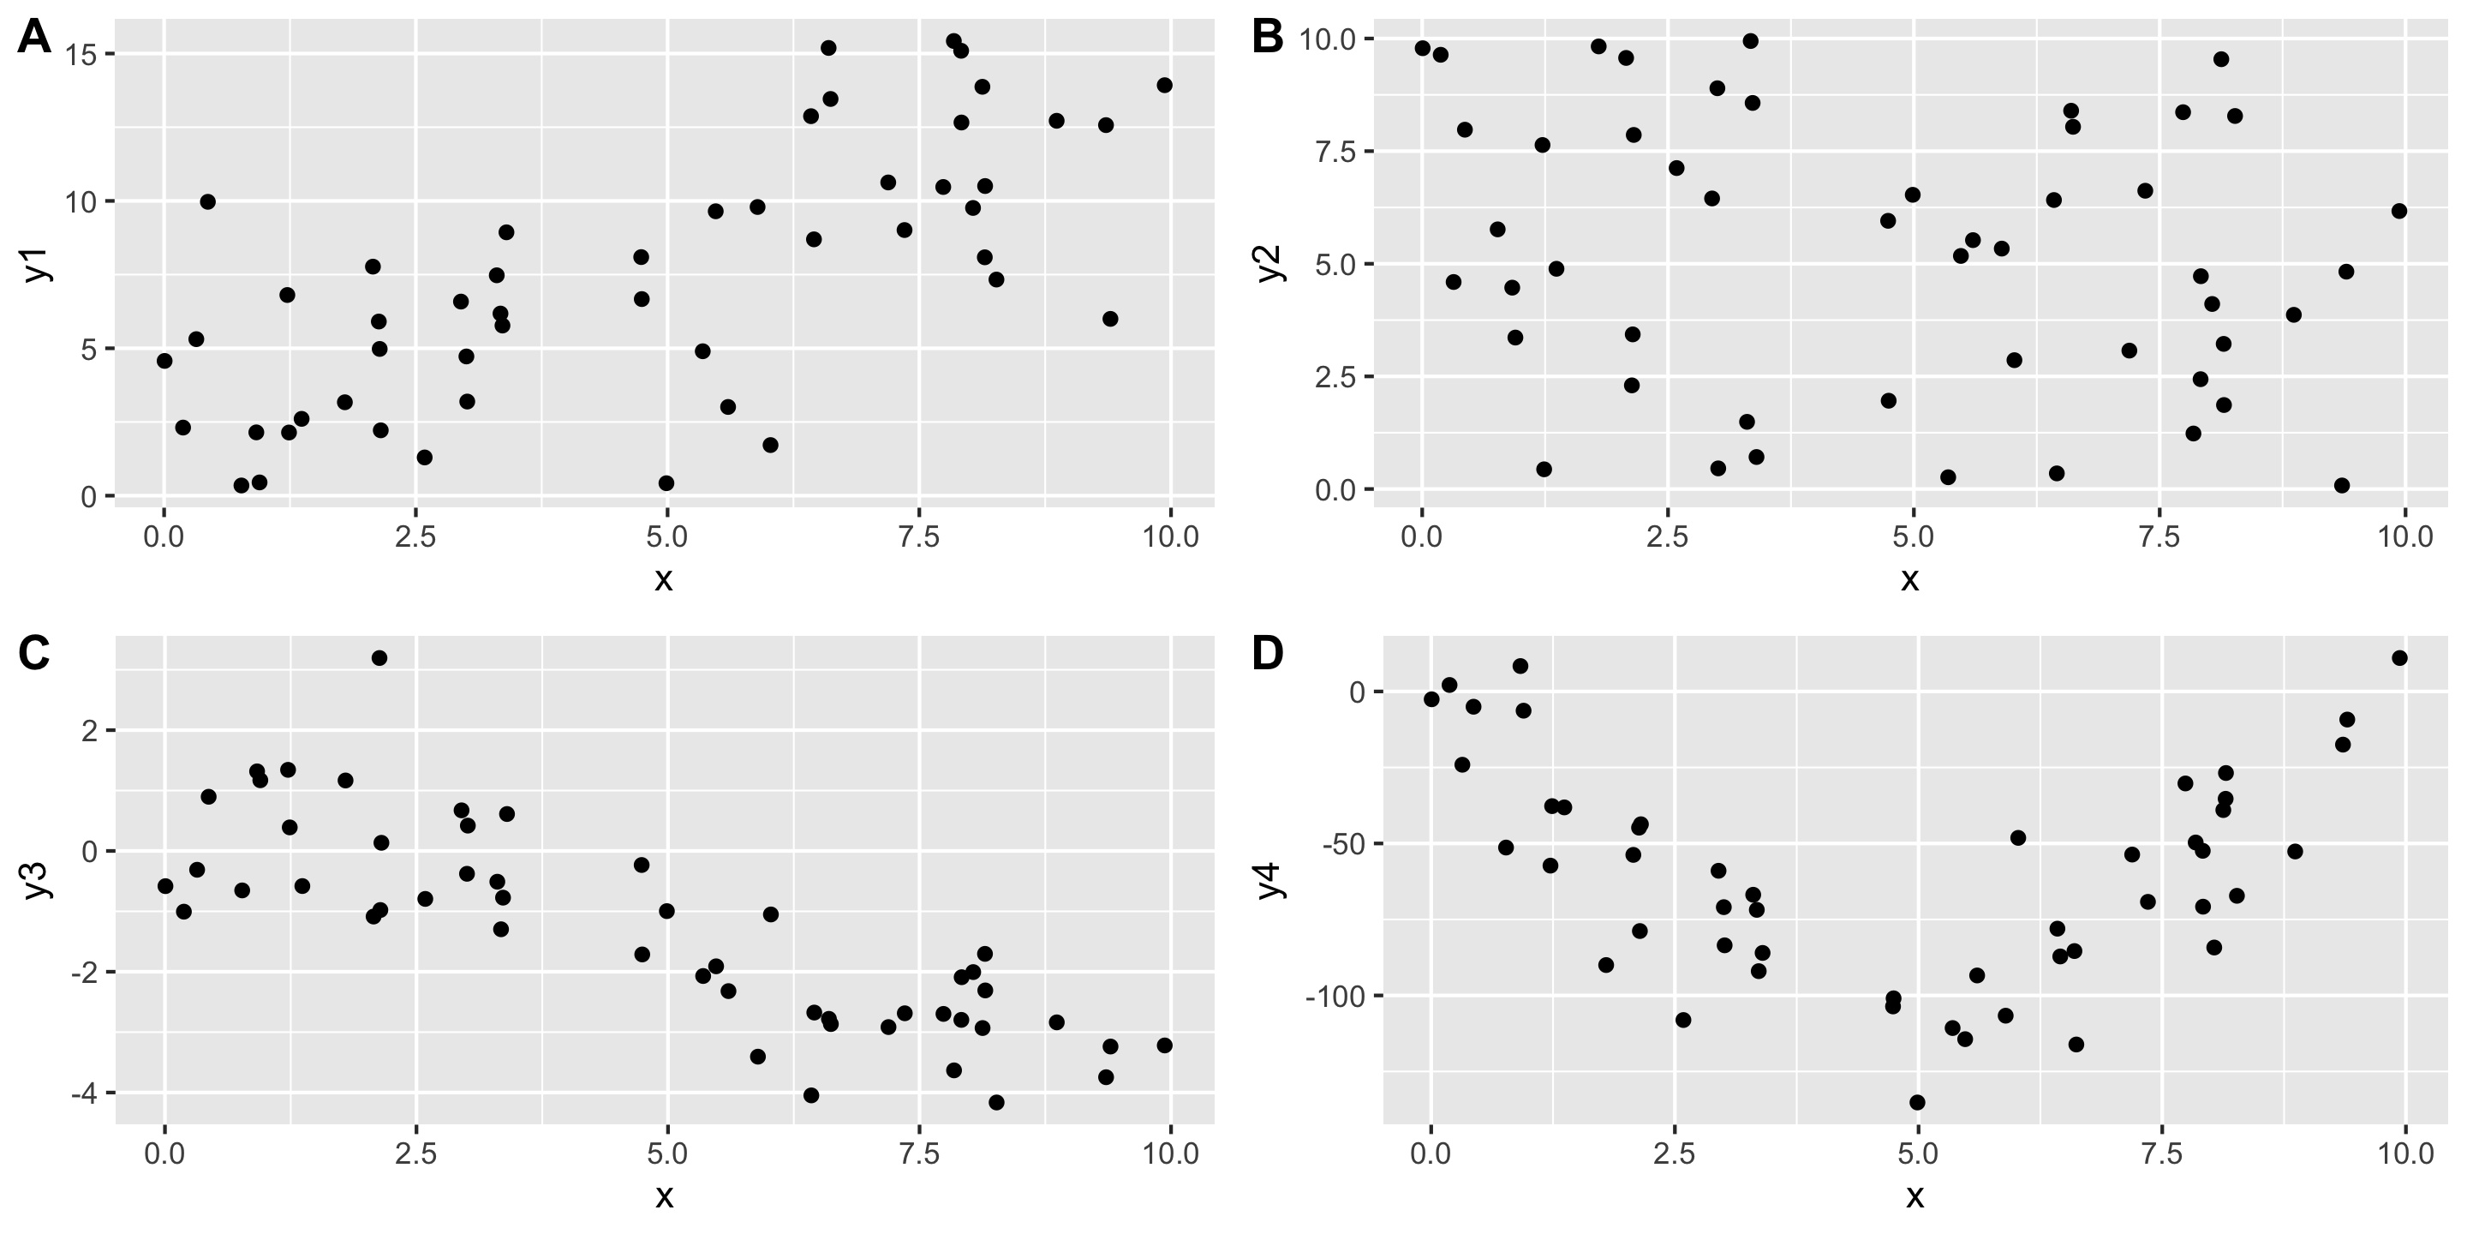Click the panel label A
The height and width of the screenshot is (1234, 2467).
click(x=34, y=39)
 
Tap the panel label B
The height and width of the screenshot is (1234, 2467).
click(x=1267, y=39)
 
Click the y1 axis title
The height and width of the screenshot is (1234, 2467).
click(x=36, y=265)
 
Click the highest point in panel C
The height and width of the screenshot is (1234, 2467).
click(x=379, y=658)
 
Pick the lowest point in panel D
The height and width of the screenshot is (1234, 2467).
click(x=1917, y=1103)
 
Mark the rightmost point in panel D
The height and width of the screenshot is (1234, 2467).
click(x=2399, y=658)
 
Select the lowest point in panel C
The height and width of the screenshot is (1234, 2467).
click(x=996, y=1103)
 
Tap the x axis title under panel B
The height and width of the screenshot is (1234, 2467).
click(x=1909, y=579)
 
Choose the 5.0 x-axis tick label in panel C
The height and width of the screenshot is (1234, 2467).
click(x=666, y=1153)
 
